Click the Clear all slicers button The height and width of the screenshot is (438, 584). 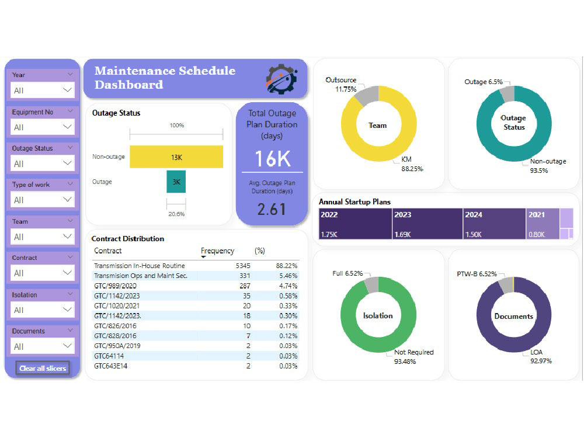click(43, 369)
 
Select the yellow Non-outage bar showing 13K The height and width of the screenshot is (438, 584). click(176, 157)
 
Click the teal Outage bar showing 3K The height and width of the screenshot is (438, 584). click(176, 182)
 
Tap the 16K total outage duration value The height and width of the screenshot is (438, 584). click(273, 159)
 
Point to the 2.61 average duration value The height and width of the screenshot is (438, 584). click(272, 209)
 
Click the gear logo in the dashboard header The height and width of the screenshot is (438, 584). click(281, 79)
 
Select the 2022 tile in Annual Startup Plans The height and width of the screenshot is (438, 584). click(355, 224)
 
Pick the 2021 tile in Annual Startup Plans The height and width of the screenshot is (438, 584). click(543, 224)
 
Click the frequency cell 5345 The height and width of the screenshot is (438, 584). click(243, 266)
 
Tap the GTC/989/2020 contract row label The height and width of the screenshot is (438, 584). click(115, 286)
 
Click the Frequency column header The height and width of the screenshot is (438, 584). click(217, 251)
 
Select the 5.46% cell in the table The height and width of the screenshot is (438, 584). click(288, 276)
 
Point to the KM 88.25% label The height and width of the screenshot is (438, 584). click(412, 164)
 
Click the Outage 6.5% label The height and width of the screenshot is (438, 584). click(484, 82)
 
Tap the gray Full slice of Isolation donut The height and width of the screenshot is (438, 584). click(371, 284)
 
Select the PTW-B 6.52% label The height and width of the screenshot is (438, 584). click(477, 274)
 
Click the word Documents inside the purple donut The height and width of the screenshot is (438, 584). click(513, 316)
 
